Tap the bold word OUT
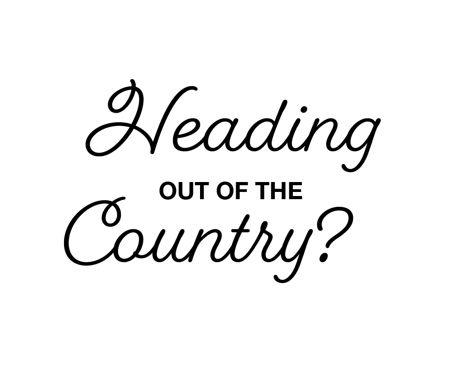(x=182, y=191)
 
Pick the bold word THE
(x=279, y=191)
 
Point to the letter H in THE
(x=279, y=191)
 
